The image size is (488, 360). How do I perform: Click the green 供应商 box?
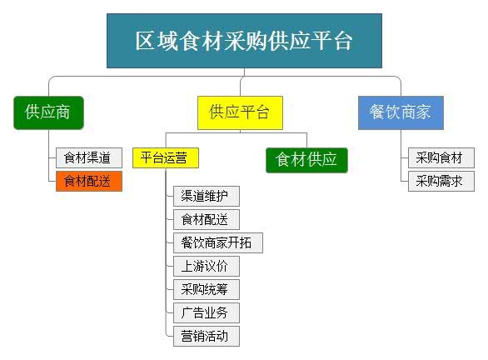click(48, 112)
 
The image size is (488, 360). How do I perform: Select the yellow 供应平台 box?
click(240, 112)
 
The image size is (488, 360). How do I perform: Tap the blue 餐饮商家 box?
click(401, 112)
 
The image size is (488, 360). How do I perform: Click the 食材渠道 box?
click(89, 157)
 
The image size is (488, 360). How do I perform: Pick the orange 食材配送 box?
click(89, 181)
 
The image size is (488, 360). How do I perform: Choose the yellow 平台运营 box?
click(166, 157)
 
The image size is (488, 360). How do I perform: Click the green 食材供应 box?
click(306, 160)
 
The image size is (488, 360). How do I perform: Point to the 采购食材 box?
click(441, 157)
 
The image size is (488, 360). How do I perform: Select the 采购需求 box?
click(441, 181)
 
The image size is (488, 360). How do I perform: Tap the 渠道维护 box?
click(207, 196)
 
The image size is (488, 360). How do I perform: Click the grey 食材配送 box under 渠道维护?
click(207, 219)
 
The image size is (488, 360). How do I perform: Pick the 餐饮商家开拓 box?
click(218, 242)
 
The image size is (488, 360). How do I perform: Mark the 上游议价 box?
click(207, 267)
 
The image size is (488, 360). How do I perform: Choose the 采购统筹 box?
click(207, 290)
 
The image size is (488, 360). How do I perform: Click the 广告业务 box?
click(207, 312)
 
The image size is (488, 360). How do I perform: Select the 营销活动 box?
click(207, 336)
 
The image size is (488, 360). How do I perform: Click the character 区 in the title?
click(146, 41)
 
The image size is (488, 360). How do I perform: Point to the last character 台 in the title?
click(343, 41)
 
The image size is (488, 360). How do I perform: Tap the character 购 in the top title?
click(255, 41)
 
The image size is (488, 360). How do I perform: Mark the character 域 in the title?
click(167, 41)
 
